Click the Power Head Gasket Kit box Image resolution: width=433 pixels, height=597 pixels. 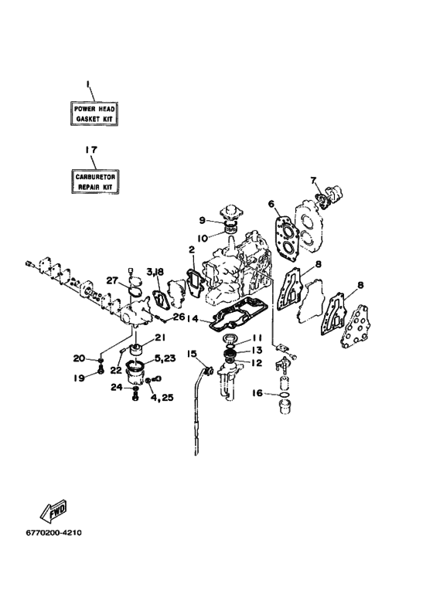[94, 114]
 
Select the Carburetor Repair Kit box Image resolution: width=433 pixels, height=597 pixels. [95, 181]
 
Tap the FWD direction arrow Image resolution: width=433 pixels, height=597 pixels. [54, 510]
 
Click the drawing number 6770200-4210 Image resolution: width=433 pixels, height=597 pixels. [54, 533]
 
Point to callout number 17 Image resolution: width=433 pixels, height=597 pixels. [90, 150]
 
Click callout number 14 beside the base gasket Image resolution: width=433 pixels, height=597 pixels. [193, 318]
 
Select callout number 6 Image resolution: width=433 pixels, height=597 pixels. [271, 204]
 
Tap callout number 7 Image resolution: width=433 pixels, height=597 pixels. [313, 180]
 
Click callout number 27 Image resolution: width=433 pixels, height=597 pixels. [112, 280]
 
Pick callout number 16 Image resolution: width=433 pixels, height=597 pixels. [257, 392]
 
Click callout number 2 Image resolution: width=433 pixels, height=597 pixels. [191, 249]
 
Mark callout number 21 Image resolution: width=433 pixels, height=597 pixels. [159, 337]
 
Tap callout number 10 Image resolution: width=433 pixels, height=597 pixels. [203, 239]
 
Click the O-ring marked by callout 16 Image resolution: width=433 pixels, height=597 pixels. [284, 395]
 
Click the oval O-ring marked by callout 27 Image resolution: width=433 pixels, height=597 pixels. [135, 291]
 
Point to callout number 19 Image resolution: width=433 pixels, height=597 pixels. [79, 378]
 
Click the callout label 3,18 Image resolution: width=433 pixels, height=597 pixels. [155, 271]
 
